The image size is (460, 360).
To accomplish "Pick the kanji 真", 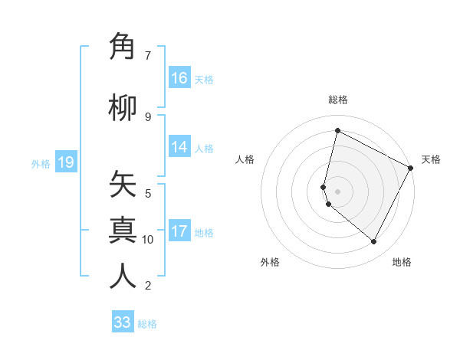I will point(123,230).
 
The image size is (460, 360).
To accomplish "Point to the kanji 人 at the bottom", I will point(123,277).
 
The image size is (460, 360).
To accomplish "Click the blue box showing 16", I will point(179,78).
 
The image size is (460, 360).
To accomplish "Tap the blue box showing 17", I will point(179,231).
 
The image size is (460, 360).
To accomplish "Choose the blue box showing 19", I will point(65,162).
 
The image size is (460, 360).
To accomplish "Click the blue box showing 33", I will point(123,322).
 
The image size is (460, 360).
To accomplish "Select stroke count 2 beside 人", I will point(148,286).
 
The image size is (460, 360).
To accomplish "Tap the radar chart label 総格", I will point(338,100).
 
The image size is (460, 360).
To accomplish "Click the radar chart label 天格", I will point(431,159).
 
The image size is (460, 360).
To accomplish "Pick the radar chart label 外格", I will point(270,262).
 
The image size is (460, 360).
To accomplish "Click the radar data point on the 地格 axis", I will point(374,242).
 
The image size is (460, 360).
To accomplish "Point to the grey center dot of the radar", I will point(337,191).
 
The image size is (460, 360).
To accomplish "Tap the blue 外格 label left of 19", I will point(40,163).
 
